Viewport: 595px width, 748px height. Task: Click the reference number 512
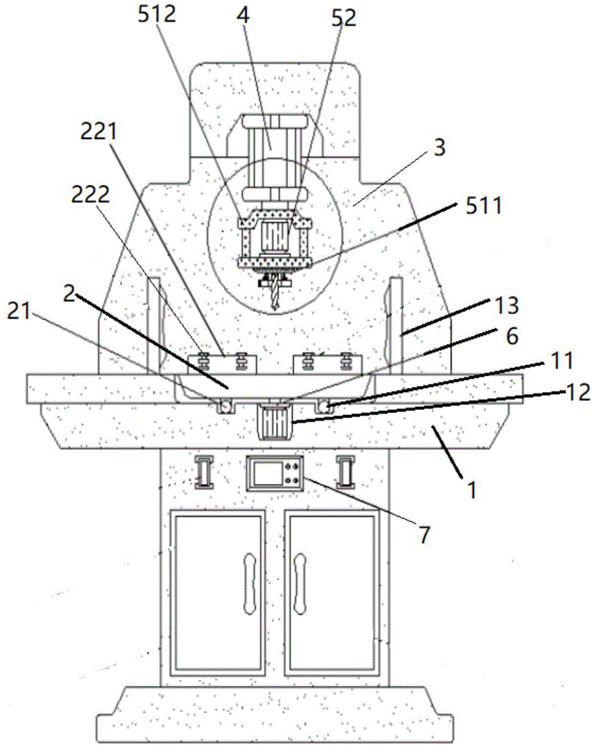(x=157, y=14)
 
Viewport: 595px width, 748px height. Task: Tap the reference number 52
(x=344, y=18)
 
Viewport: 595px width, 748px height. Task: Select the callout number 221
(x=99, y=132)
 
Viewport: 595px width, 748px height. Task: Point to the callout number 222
(x=91, y=194)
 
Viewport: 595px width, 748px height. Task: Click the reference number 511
(x=483, y=206)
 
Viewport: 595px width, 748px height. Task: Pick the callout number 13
(x=506, y=305)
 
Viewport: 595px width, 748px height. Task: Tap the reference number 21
(x=19, y=312)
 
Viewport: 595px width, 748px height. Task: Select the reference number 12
(x=579, y=393)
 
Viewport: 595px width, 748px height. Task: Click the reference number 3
(x=439, y=147)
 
